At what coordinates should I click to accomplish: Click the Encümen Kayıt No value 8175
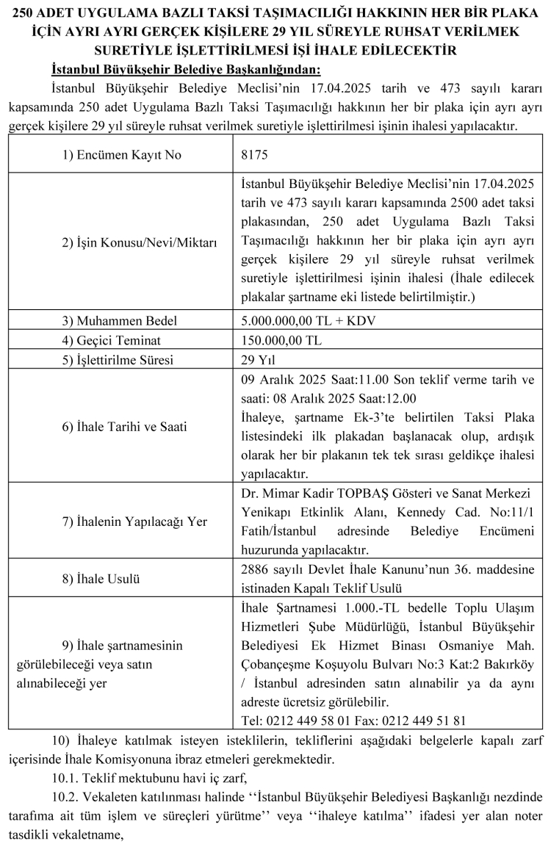(254, 156)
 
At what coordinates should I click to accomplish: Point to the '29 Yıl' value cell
(256, 361)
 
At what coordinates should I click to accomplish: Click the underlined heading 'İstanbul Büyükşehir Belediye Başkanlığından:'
(186, 71)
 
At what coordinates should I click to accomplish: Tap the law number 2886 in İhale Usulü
(254, 570)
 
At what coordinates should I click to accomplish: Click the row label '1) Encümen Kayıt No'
(121, 156)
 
